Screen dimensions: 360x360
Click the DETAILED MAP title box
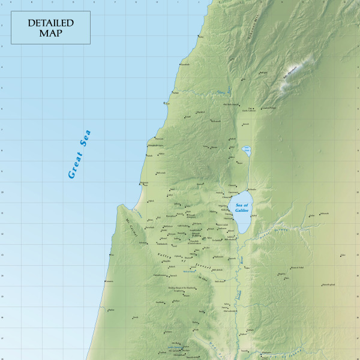(x=50, y=27)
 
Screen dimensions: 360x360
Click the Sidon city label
(x=200, y=38)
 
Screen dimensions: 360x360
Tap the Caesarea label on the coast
(x=112, y=255)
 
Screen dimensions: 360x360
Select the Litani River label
(x=223, y=92)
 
